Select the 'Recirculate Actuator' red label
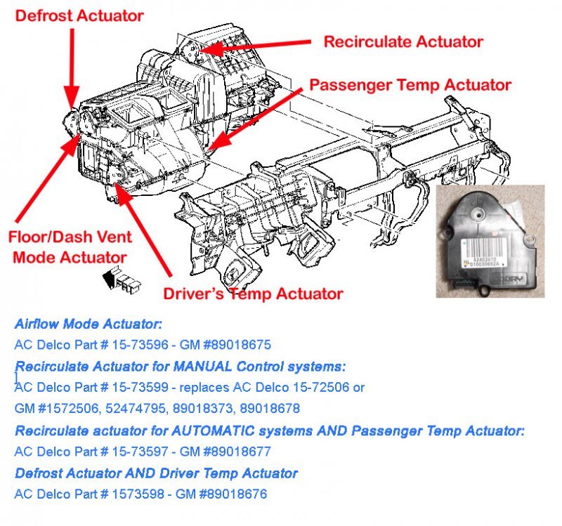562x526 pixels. coord(403,42)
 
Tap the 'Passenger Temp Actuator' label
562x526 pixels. coord(410,85)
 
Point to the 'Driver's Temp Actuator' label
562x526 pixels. coord(253,294)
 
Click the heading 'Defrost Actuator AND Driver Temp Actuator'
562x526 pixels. coord(156,473)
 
